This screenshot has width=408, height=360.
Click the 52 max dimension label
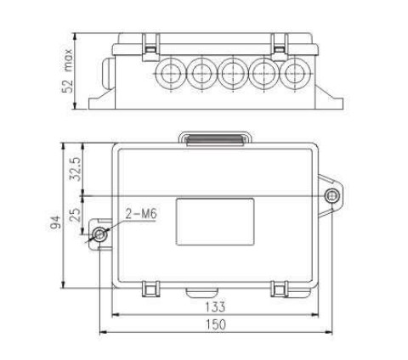tap(67, 70)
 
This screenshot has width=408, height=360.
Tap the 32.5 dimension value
tap(76, 169)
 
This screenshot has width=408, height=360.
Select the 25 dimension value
tap(75, 215)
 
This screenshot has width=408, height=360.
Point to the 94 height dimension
tap(55, 222)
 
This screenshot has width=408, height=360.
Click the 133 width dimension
tap(215, 307)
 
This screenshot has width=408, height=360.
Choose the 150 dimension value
tap(215, 324)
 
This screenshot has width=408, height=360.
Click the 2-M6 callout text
tap(141, 214)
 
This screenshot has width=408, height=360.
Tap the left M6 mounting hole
tap(99, 234)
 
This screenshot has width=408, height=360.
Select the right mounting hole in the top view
tap(331, 195)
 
